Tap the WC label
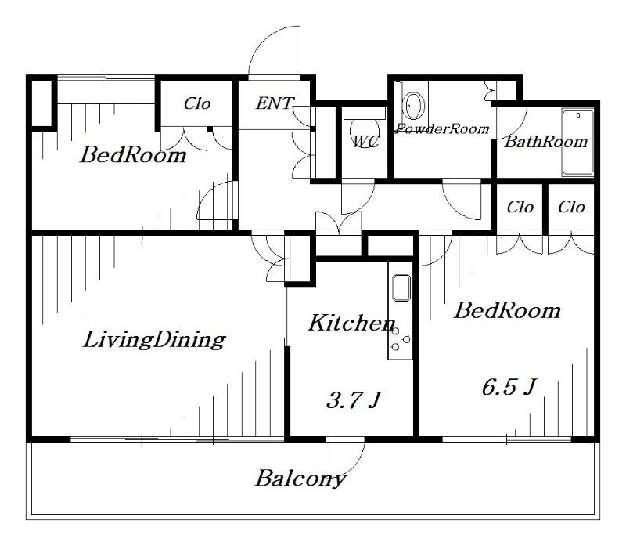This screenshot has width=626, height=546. click(x=366, y=142)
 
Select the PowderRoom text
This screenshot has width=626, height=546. click(x=442, y=128)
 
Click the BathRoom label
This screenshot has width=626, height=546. click(x=545, y=142)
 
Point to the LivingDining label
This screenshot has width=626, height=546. click(x=154, y=340)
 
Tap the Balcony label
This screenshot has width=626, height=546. click(x=300, y=478)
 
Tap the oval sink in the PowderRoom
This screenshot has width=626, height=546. click(x=413, y=104)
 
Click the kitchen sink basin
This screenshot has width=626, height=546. click(x=400, y=287)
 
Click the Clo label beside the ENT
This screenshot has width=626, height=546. click(x=197, y=103)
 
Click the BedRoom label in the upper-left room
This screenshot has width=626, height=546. click(x=134, y=154)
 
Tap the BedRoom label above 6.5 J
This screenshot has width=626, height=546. click(x=508, y=310)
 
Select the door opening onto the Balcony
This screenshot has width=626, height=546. click(x=345, y=453)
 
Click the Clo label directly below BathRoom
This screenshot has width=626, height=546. click(x=520, y=208)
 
